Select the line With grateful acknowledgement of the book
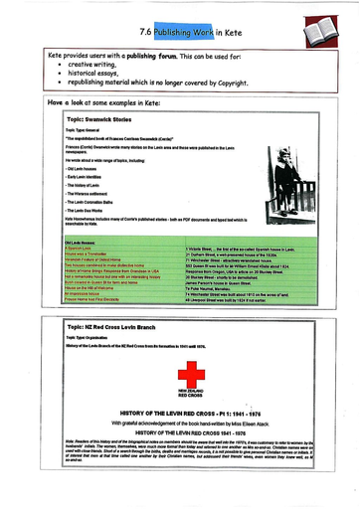pos(177,423)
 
